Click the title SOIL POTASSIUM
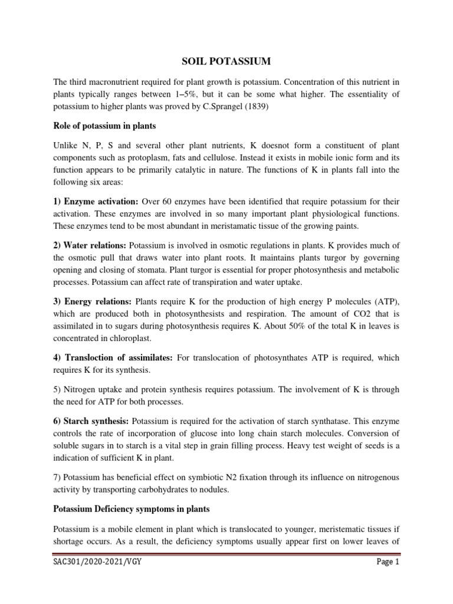226,60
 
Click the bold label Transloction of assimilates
113,358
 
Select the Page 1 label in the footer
388,580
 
